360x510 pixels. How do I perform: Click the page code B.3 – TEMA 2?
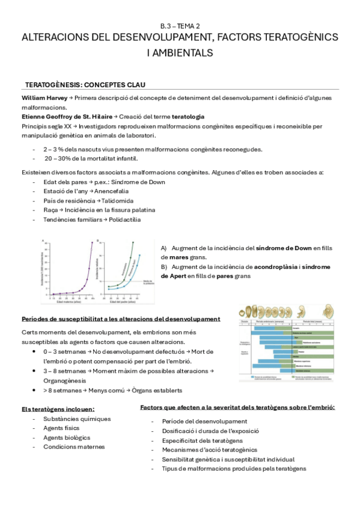coord(180,26)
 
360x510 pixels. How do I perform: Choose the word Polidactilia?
coord(124,220)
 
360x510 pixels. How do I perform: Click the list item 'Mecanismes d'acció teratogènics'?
coord(209,449)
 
